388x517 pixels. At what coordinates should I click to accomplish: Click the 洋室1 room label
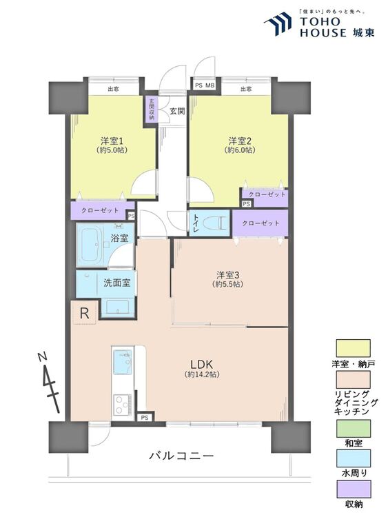(x=112, y=141)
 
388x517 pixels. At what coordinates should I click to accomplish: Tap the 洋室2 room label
(x=240, y=141)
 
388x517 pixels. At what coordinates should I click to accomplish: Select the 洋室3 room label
(x=227, y=275)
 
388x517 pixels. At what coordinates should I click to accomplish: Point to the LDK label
(x=202, y=365)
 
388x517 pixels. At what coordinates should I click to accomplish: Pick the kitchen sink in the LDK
(x=122, y=363)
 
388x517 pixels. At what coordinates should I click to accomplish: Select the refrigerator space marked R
(x=84, y=313)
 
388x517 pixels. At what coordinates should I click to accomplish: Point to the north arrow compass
(x=49, y=383)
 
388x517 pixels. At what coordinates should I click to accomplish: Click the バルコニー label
(x=181, y=456)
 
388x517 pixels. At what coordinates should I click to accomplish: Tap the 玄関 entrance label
(x=177, y=112)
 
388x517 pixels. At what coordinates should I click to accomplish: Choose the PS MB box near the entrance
(x=205, y=85)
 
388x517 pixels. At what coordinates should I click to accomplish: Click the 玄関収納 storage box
(x=152, y=110)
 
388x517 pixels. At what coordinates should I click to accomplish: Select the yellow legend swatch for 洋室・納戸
(x=353, y=348)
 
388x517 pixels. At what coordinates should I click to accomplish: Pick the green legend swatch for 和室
(x=353, y=428)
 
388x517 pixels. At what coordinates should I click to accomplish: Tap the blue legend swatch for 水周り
(x=353, y=458)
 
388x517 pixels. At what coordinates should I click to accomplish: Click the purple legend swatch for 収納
(x=353, y=489)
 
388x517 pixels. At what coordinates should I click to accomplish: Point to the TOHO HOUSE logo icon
(x=278, y=23)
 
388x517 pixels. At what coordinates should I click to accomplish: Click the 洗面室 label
(x=117, y=283)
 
